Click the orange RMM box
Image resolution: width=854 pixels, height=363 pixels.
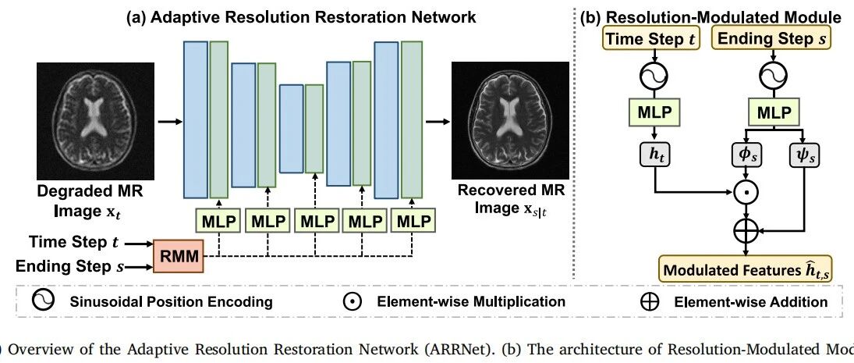click(179, 256)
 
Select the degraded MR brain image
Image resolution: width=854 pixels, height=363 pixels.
click(95, 121)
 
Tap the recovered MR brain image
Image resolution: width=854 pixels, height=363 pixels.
click(510, 121)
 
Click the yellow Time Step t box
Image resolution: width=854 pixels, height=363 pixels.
click(651, 39)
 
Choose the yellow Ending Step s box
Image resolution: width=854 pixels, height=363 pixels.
click(773, 39)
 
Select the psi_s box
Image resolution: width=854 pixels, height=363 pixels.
click(804, 156)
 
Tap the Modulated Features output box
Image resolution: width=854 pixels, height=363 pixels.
click(746, 268)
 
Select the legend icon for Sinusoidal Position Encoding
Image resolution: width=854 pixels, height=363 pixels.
click(43, 301)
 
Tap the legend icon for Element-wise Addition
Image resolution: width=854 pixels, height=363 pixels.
click(649, 302)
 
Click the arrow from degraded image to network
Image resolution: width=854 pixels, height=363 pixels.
click(169, 122)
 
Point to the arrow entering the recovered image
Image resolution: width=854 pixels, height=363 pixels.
click(438, 122)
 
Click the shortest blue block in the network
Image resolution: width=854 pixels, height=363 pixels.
click(292, 129)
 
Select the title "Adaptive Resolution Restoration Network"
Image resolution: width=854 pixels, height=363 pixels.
click(313, 17)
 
